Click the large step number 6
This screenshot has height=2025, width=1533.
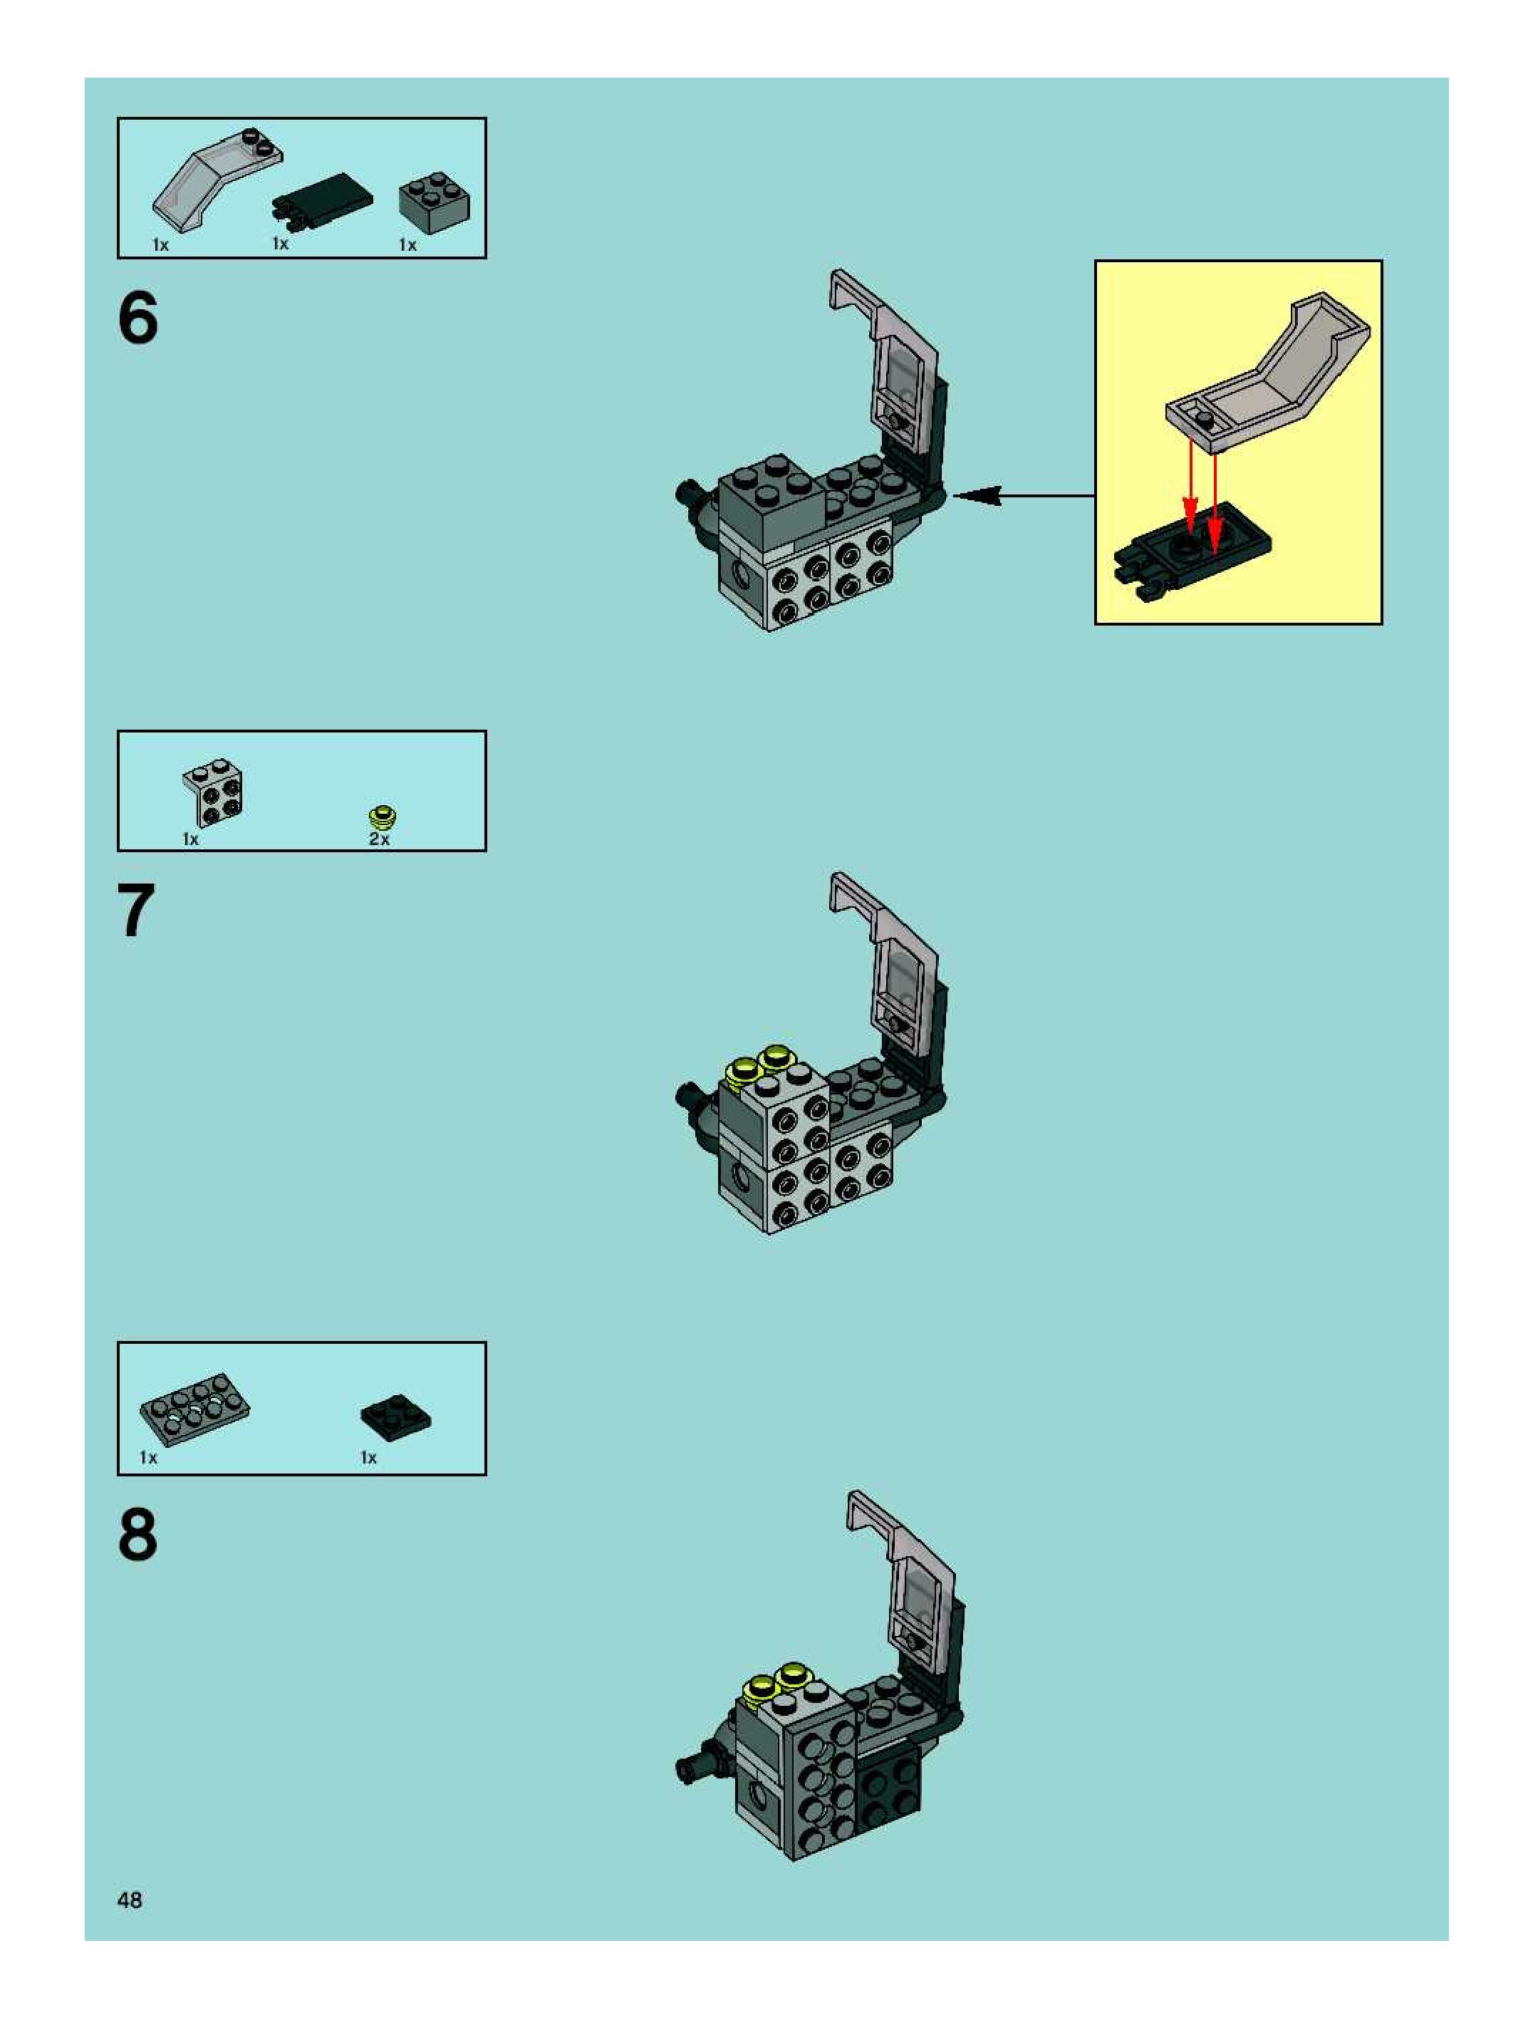tap(138, 318)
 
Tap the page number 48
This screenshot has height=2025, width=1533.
tap(129, 1900)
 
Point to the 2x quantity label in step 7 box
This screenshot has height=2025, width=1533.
tap(379, 839)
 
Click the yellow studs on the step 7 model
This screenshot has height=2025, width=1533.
tap(759, 1064)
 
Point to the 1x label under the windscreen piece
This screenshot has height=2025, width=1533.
tap(161, 244)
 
